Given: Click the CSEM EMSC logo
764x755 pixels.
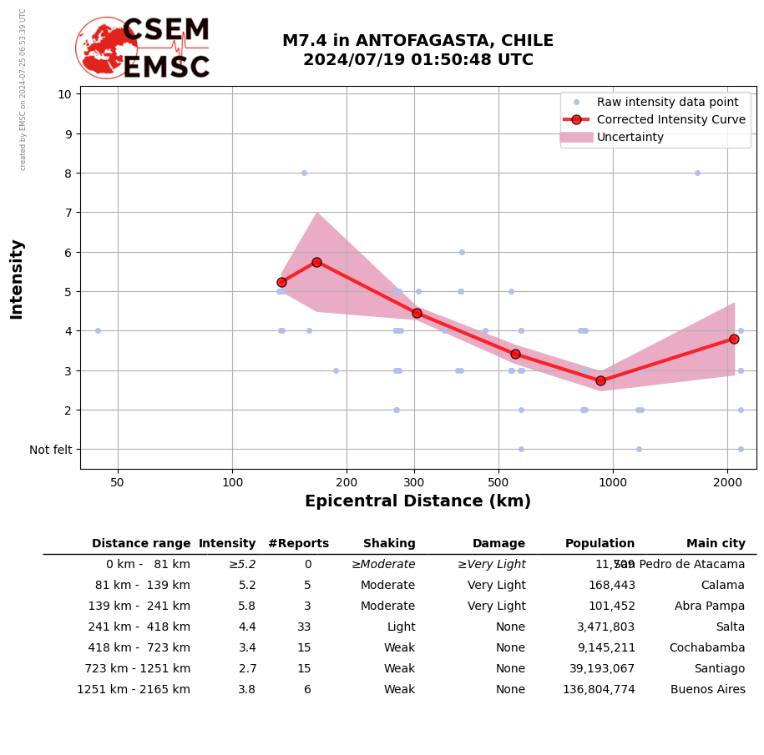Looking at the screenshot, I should (x=143, y=48).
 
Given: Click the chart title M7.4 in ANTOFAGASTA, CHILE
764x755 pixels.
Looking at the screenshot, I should (x=417, y=41).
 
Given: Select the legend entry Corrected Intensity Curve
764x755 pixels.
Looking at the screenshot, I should (x=670, y=119).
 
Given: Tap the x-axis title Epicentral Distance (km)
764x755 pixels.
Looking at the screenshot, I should (x=417, y=501).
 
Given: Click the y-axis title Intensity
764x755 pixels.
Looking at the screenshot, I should (x=17, y=279).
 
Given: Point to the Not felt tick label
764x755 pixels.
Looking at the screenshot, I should (x=51, y=450).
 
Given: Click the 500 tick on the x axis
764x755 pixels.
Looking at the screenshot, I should (x=498, y=482).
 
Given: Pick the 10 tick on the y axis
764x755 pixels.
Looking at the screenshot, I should (x=64, y=93).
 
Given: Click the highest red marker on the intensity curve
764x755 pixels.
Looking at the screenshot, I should (x=316, y=262).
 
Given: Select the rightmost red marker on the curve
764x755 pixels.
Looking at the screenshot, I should (x=734, y=339).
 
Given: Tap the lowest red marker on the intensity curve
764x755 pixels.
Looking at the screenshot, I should (x=600, y=380).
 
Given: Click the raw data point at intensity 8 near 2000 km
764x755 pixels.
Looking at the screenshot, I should (x=697, y=173).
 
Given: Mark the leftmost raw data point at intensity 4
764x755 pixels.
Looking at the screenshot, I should (x=98, y=330).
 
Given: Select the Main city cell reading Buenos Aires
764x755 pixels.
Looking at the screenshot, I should (x=707, y=690).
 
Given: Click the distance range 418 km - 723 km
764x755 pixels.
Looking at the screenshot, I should (x=139, y=648).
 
